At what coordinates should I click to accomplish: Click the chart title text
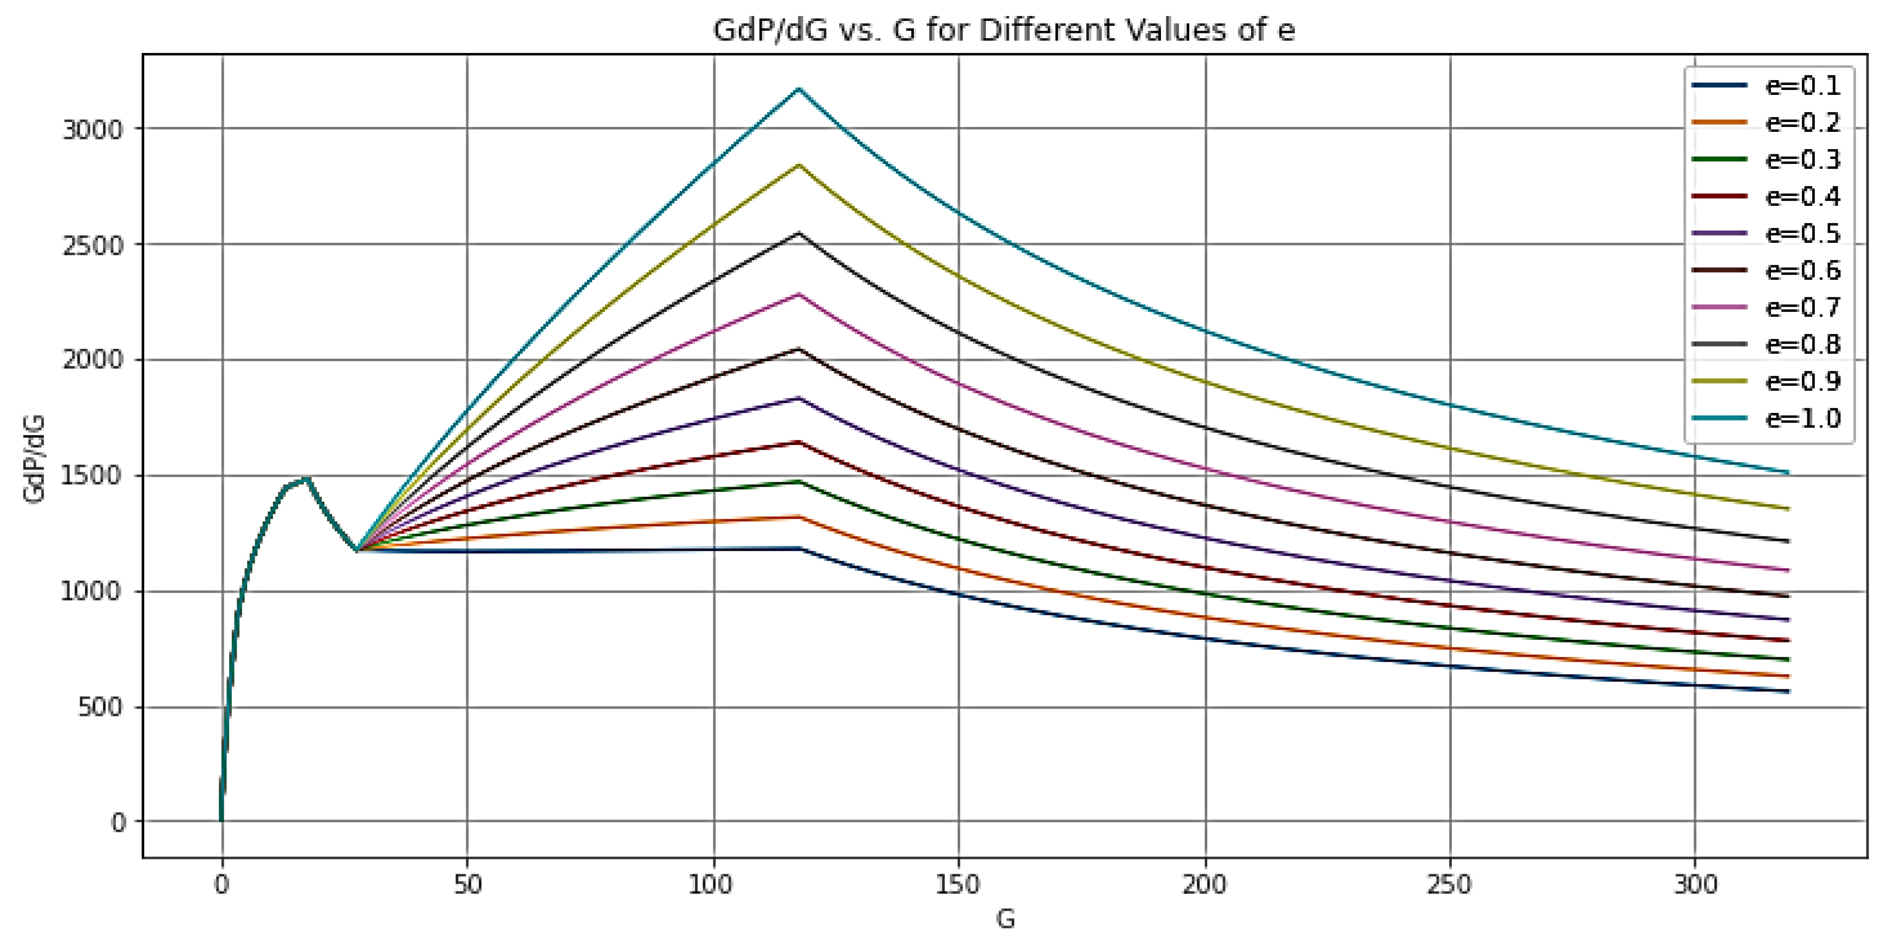coord(1003,31)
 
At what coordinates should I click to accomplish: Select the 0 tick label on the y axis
coord(118,822)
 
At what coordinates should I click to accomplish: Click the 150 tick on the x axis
coord(958,885)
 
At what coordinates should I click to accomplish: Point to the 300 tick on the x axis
coord(1695,885)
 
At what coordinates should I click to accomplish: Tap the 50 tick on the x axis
coord(467,885)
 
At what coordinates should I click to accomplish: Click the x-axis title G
coord(1004,919)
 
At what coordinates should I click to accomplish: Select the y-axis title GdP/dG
coord(35,459)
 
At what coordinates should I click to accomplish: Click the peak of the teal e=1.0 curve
coord(799,89)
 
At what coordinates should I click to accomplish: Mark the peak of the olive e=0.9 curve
coord(799,165)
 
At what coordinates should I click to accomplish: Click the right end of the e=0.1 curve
coord(1788,691)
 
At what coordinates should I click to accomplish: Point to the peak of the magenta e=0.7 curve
coord(799,294)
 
